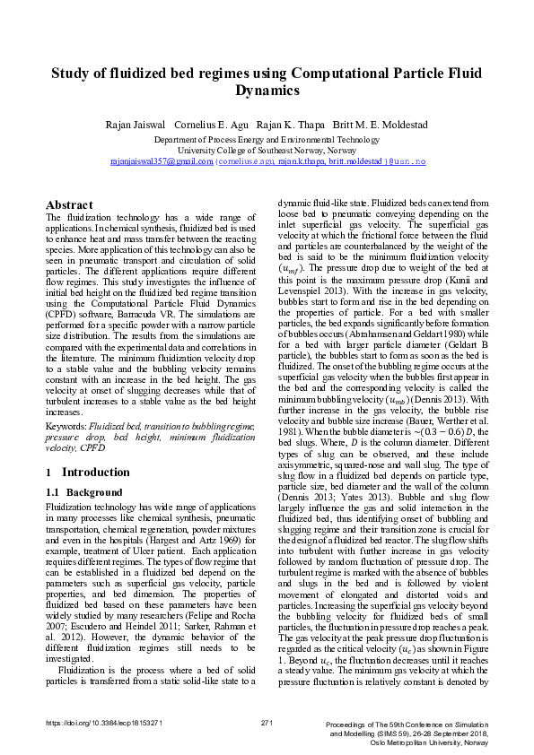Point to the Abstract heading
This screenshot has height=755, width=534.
click(70, 204)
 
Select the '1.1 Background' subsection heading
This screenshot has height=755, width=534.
click(83, 493)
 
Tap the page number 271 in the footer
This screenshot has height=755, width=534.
click(266, 723)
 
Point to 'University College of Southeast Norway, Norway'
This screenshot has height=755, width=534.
click(267, 151)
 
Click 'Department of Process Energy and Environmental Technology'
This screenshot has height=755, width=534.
click(267, 141)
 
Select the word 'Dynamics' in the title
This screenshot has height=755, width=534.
click(267, 91)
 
